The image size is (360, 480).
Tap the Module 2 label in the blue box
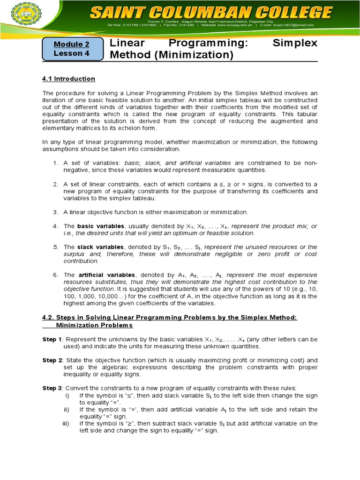(71, 45)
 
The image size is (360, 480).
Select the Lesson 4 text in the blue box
(71, 53)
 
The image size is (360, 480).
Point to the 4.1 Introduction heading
(68, 79)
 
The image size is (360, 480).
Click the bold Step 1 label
(52, 339)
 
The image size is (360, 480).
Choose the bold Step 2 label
(52, 360)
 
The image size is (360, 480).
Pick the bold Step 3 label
(52, 388)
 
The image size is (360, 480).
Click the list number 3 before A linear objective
(55, 212)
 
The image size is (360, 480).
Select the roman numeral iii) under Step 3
(66, 423)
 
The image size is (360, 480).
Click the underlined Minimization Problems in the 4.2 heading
(94, 325)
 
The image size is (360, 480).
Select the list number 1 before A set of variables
(55, 163)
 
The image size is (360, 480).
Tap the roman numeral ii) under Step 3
(67, 409)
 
